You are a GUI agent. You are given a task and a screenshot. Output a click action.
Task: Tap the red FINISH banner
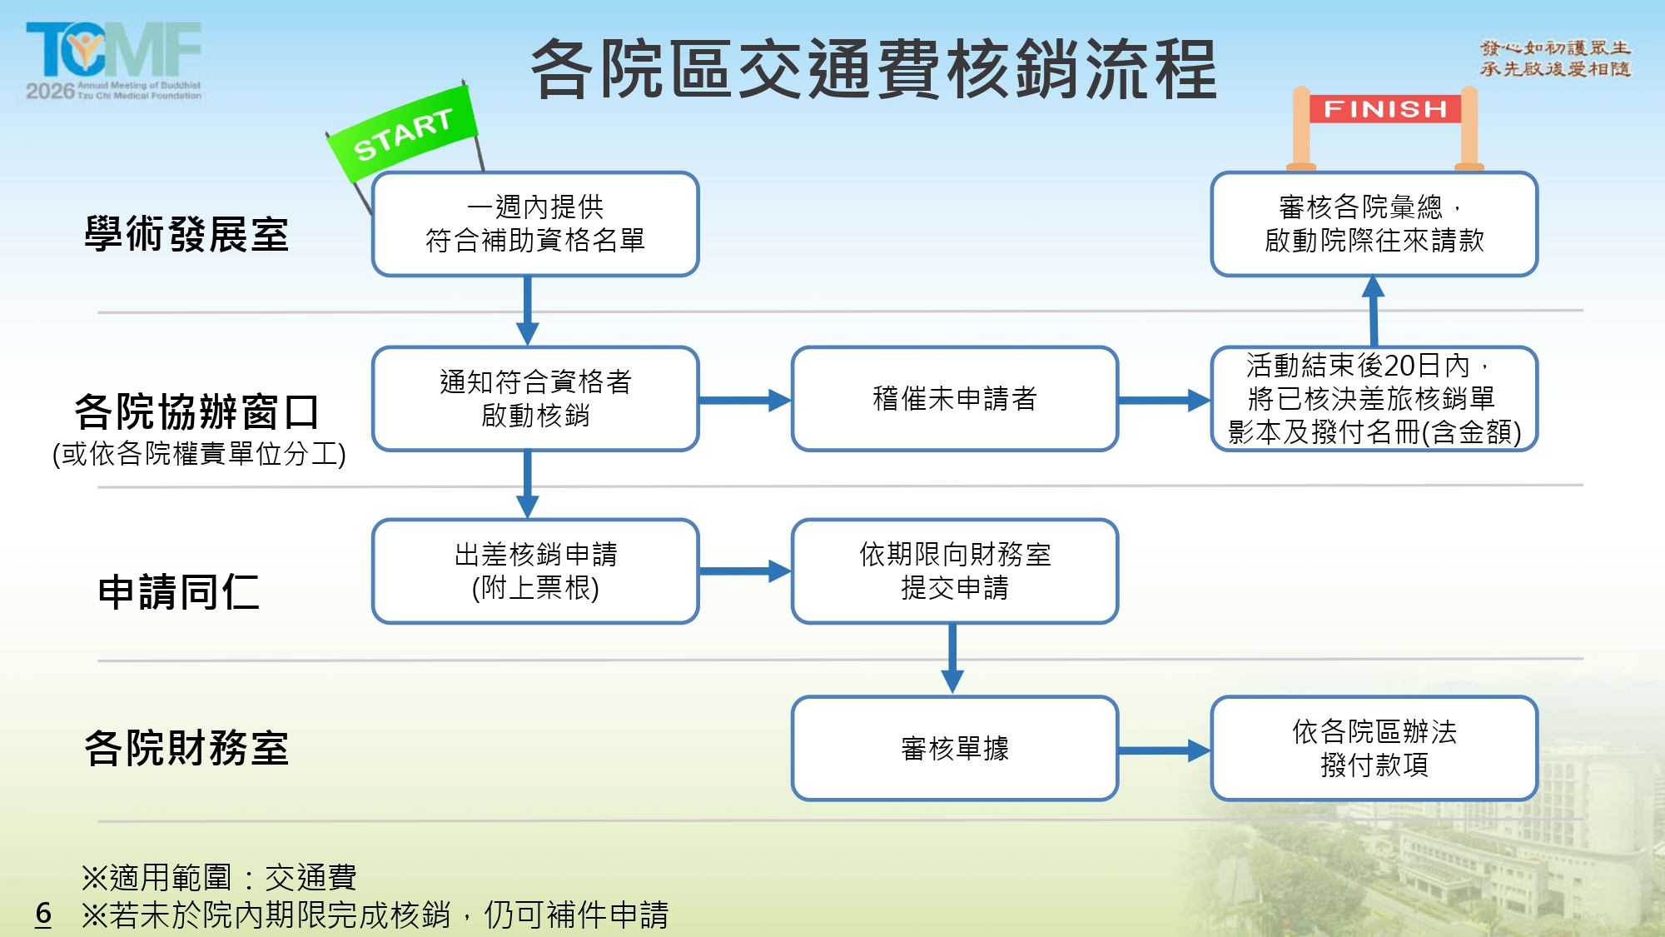(1385, 109)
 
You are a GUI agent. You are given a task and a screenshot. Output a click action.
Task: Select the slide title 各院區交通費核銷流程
(874, 69)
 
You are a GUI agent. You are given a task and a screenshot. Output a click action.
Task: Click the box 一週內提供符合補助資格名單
(535, 224)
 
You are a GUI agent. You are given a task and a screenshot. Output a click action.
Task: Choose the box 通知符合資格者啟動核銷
(535, 399)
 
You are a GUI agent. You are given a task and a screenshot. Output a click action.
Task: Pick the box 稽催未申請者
(954, 399)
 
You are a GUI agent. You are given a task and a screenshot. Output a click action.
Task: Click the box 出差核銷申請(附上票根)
(535, 571)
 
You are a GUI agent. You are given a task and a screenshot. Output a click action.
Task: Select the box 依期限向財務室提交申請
(954, 571)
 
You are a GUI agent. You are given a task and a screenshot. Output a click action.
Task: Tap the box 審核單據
(954, 749)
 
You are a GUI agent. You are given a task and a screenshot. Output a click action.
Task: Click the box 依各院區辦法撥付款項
(1374, 749)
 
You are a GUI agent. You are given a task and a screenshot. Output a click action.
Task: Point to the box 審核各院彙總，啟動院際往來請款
(1374, 224)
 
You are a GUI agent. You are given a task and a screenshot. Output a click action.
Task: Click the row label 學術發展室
(186, 234)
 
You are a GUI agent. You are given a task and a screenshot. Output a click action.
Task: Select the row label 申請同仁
(178, 592)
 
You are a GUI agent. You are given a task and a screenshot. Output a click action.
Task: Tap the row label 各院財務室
(186, 748)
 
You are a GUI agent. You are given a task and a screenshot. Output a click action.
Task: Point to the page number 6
(43, 914)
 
